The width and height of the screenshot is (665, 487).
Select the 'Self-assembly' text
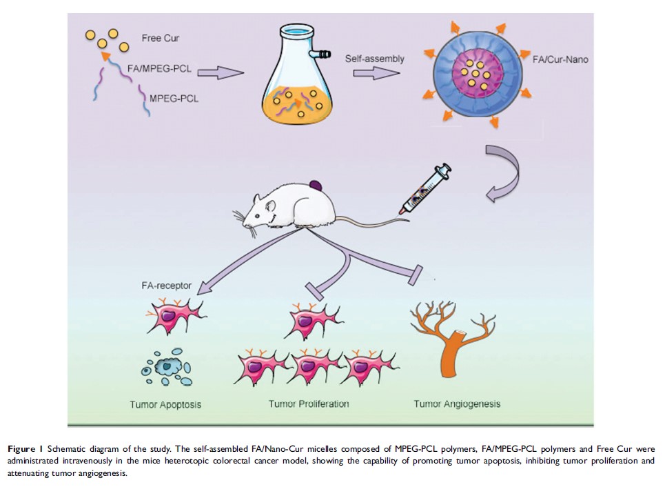(x=375, y=59)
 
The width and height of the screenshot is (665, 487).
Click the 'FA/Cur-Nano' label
(x=559, y=60)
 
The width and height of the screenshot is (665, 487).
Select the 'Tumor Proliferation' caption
(x=309, y=404)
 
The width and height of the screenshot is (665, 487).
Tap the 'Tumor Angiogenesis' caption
(x=457, y=404)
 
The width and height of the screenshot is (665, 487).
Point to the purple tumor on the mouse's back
(x=316, y=186)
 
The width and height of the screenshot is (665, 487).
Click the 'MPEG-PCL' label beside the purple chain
(x=174, y=99)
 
